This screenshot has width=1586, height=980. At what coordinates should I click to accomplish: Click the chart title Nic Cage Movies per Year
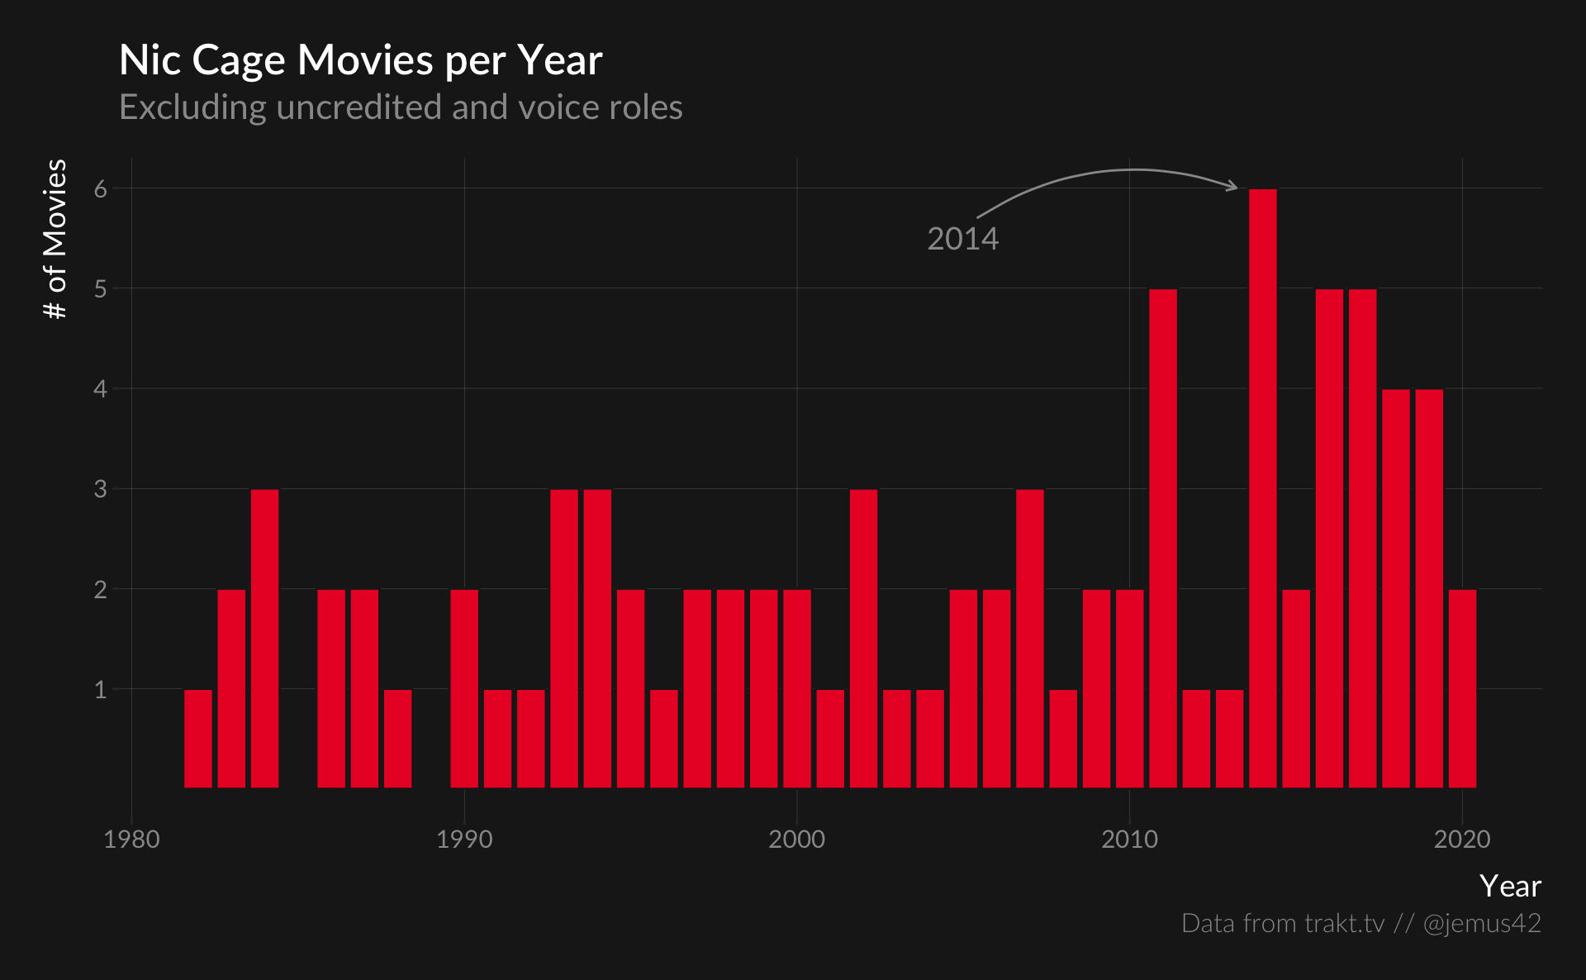point(360,60)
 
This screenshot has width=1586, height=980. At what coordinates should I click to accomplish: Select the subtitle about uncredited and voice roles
point(401,107)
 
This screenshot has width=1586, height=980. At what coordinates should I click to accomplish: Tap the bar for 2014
point(1262,488)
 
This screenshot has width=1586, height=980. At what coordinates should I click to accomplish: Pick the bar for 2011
point(1163,537)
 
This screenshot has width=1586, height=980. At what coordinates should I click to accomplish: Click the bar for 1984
point(264,638)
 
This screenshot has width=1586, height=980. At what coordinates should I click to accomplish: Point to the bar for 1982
point(198,738)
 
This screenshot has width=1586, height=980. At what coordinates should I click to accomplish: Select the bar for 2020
point(1462,688)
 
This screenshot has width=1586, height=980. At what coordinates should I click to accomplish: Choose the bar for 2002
point(863,638)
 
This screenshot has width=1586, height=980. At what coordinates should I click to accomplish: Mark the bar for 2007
point(1030,638)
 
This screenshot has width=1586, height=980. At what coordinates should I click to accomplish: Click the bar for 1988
point(397,738)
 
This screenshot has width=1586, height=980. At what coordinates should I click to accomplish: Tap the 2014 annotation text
point(962,239)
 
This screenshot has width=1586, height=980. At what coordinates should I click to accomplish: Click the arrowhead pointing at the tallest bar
point(1233,187)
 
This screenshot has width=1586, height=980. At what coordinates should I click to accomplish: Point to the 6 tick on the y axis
point(101,189)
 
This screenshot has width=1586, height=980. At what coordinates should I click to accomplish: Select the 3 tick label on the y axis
point(101,489)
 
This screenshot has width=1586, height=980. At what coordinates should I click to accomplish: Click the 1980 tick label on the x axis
point(131,840)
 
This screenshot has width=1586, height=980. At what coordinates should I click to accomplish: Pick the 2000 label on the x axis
point(796,840)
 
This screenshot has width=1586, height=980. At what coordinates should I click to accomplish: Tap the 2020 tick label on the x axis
point(1461,840)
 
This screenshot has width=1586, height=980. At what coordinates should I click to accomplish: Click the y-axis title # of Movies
point(55,239)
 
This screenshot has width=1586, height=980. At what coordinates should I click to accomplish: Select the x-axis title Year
point(1510,886)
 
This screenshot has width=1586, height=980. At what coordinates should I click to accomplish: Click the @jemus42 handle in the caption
point(1482,923)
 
